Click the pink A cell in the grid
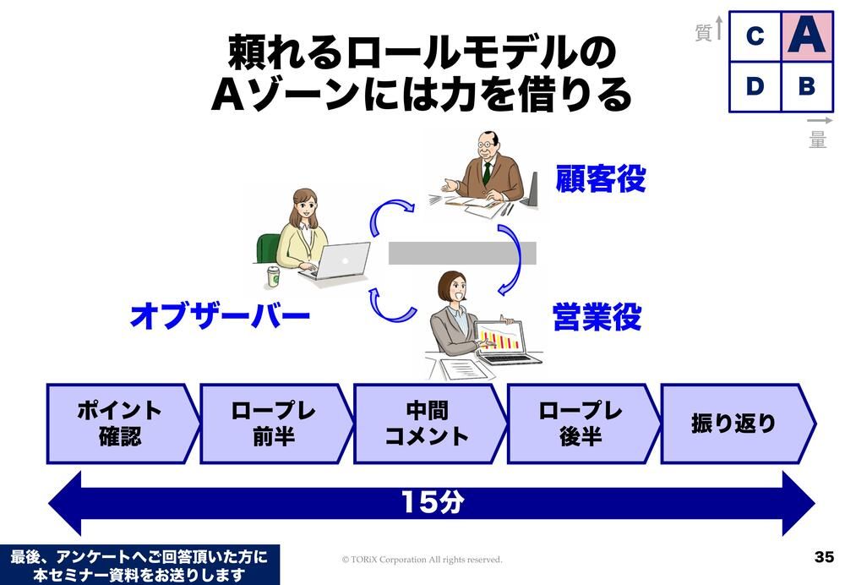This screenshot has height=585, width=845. pyautogui.click(x=807, y=36)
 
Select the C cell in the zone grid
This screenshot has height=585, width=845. pyautogui.click(x=755, y=36)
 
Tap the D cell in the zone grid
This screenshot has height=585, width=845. pyautogui.click(x=755, y=87)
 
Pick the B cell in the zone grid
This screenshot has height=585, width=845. pyautogui.click(x=807, y=87)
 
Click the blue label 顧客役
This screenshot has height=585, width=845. pyautogui.click(x=600, y=178)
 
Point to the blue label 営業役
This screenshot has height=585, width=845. pyautogui.click(x=597, y=316)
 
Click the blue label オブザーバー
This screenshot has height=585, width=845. pyautogui.click(x=220, y=316)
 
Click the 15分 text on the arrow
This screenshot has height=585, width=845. pyautogui.click(x=432, y=502)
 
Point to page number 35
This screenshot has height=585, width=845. pyautogui.click(x=824, y=557)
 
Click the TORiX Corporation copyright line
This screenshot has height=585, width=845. pyautogui.click(x=422, y=560)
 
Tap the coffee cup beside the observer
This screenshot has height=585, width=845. pyautogui.click(x=275, y=276)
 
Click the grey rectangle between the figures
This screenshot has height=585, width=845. pyautogui.click(x=462, y=253)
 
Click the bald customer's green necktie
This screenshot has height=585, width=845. pyautogui.click(x=487, y=172)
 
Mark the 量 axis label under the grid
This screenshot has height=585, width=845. pyautogui.click(x=817, y=139)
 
